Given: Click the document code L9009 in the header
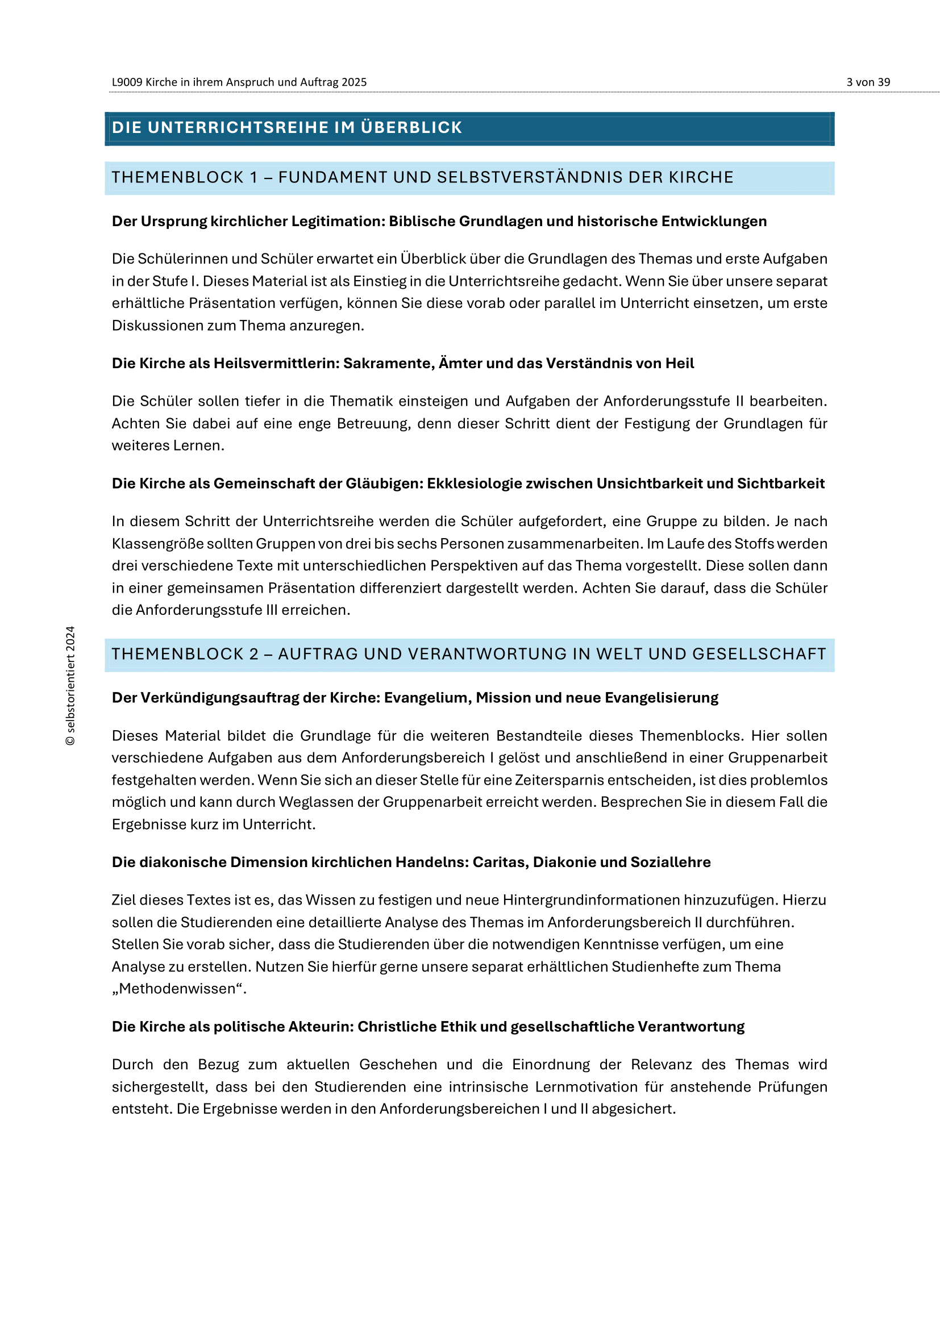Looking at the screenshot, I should click(127, 82).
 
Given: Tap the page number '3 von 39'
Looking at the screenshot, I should click(868, 82).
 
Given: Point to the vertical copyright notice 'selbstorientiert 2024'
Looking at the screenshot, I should click(70, 685).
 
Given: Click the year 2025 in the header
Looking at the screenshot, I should click(353, 82).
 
